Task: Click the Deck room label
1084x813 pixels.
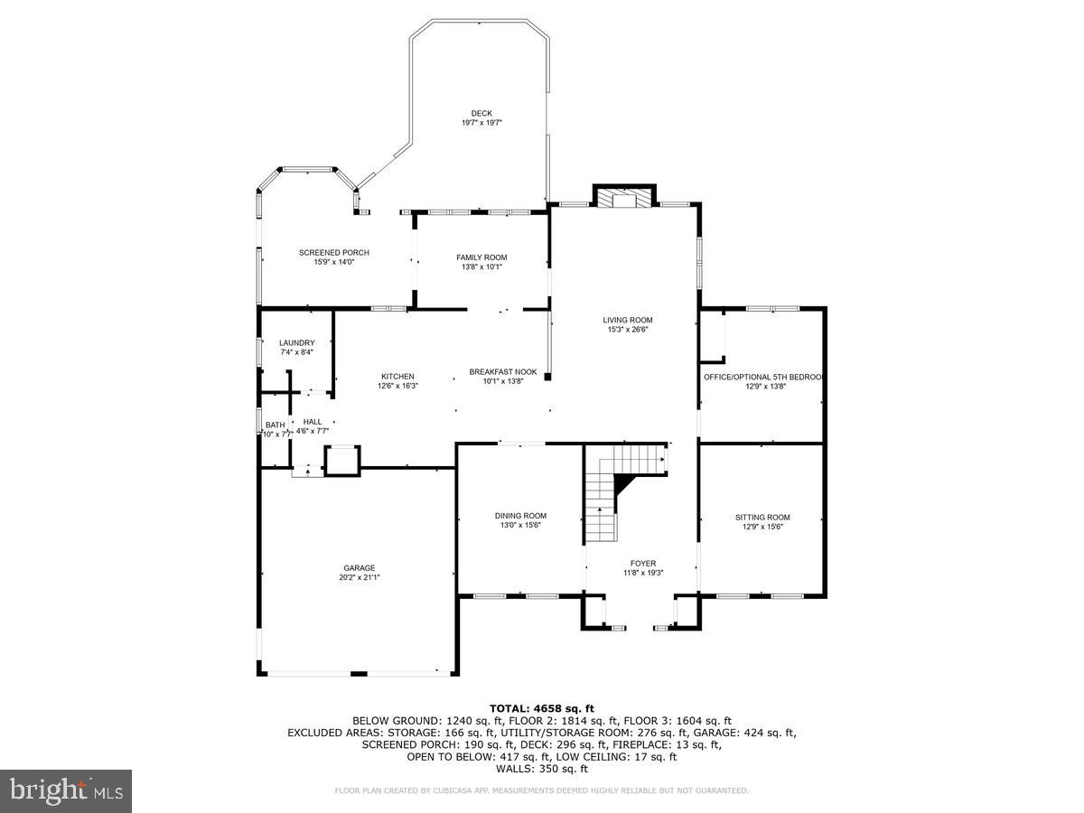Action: click(481, 113)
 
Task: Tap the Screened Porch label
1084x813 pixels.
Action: click(334, 252)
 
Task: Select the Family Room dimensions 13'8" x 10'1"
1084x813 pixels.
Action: click(481, 266)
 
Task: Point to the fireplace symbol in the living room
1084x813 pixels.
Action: click(623, 198)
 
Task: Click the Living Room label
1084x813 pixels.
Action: click(628, 320)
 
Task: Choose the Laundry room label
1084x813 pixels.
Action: click(297, 342)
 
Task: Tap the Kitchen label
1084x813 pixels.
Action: click(397, 376)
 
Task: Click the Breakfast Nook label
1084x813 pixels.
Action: click(503, 371)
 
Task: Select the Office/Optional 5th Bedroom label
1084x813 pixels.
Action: click(764, 377)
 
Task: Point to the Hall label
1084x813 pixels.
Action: click(313, 422)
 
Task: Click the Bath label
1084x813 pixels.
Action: click(275, 425)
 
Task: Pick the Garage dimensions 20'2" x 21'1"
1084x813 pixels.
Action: click(359, 577)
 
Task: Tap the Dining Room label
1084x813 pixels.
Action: click(520, 516)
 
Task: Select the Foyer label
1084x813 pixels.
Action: click(643, 563)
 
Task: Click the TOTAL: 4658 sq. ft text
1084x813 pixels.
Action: click(542, 708)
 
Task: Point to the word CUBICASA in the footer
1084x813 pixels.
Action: click(450, 790)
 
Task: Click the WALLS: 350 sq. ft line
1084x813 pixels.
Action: click(542, 769)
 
